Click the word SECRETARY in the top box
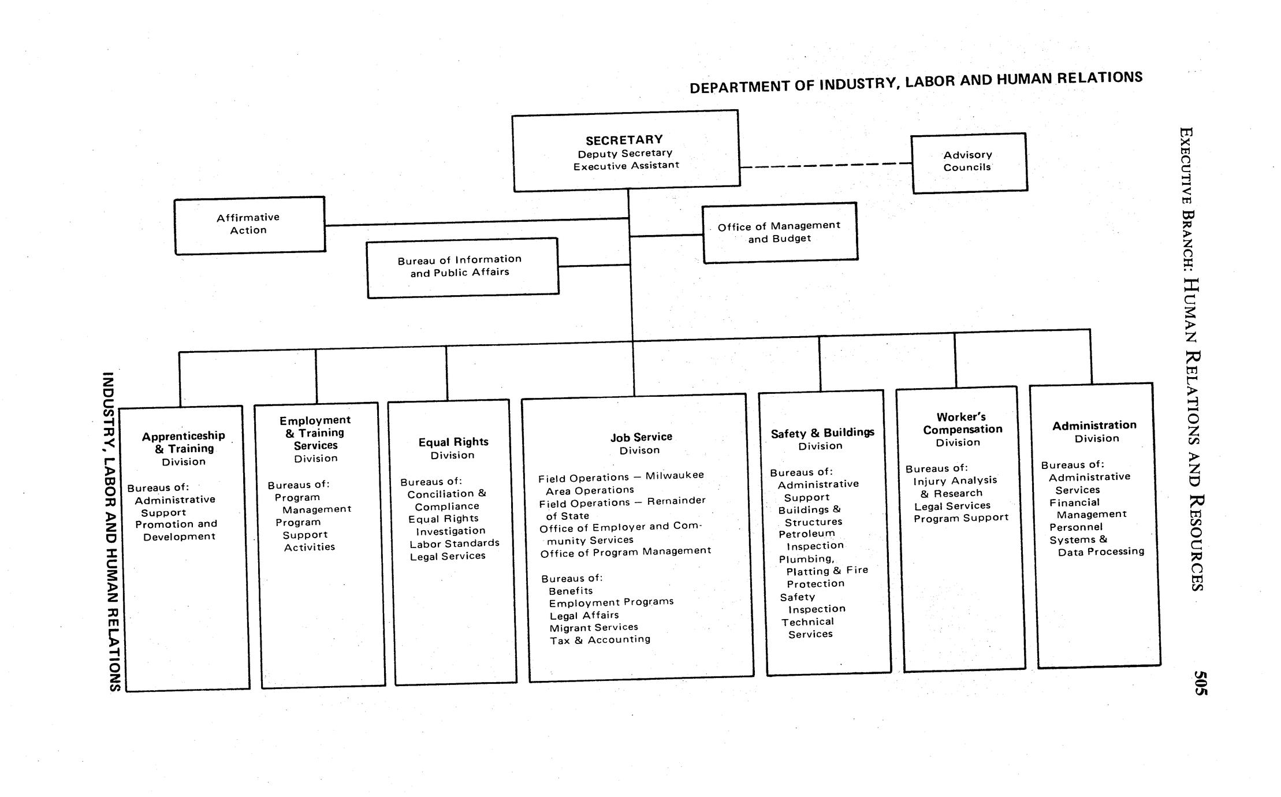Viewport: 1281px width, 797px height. [624, 140]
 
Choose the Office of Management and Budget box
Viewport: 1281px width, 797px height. [779, 232]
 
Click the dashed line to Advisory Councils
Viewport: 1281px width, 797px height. [826, 166]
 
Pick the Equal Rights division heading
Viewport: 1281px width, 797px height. [453, 442]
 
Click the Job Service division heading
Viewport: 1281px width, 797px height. [641, 437]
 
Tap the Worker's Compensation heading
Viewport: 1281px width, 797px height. [962, 423]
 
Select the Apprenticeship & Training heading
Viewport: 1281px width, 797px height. [184, 442]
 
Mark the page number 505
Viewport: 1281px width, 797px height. [1200, 683]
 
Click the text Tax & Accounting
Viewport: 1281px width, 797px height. [600, 640]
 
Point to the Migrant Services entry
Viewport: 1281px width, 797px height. [594, 628]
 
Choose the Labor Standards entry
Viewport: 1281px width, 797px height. [455, 543]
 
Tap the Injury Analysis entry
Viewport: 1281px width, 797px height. [955, 481]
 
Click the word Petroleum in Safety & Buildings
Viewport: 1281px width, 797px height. [807, 534]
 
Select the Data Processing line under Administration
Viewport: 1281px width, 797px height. [1101, 552]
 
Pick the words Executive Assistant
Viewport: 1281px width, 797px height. [626, 166]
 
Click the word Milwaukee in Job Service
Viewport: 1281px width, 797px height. [675, 475]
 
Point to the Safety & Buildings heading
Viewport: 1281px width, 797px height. [822, 433]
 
